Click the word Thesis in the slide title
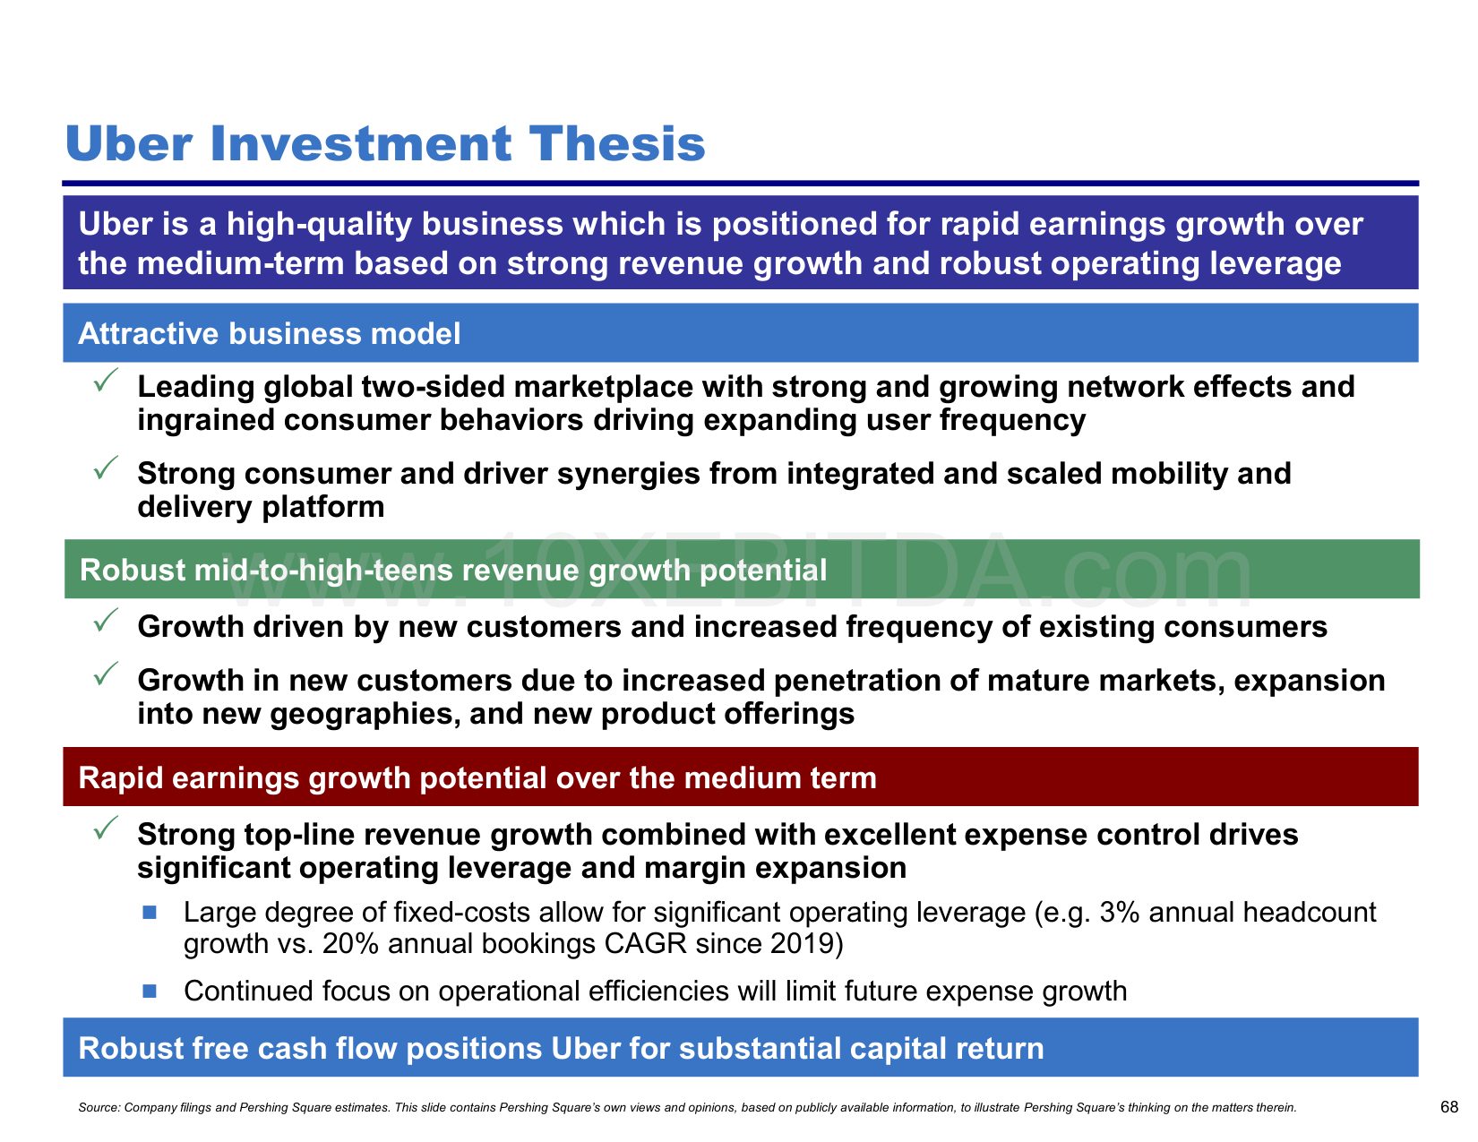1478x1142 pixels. coord(617,144)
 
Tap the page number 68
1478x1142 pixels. coord(1448,1107)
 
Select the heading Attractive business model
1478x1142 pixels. coord(270,334)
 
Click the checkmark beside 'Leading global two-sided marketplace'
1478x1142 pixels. coord(106,380)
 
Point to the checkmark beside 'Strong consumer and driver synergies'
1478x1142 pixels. coord(106,468)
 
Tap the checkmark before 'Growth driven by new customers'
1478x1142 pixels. coord(106,621)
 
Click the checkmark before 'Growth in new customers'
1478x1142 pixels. coord(106,674)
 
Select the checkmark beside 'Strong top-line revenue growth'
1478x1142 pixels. coord(106,828)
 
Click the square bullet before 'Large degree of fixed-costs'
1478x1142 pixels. coord(150,913)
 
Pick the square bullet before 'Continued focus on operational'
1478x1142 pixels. coord(150,992)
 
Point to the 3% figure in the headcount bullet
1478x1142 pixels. coord(1120,912)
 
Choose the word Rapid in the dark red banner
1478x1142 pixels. coord(120,778)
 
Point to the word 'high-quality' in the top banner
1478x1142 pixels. coord(319,225)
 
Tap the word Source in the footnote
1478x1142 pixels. coord(99,1107)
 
